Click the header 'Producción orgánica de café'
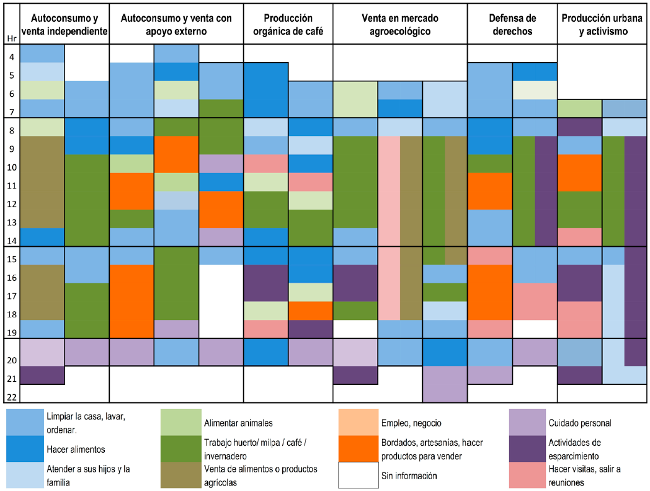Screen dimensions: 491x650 [288, 25]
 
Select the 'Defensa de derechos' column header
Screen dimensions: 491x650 [512, 25]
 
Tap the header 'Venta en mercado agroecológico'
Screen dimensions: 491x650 [400, 25]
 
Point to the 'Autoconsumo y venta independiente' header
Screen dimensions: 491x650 [65, 25]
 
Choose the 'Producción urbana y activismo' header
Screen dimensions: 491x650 [602, 25]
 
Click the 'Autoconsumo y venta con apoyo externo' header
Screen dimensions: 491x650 [176, 25]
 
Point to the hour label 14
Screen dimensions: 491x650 [12, 241]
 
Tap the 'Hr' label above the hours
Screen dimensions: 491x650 [11, 38]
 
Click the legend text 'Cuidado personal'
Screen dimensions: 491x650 [580, 423]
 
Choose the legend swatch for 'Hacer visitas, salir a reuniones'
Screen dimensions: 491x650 [528, 476]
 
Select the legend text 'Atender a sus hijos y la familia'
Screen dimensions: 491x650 [87, 476]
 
